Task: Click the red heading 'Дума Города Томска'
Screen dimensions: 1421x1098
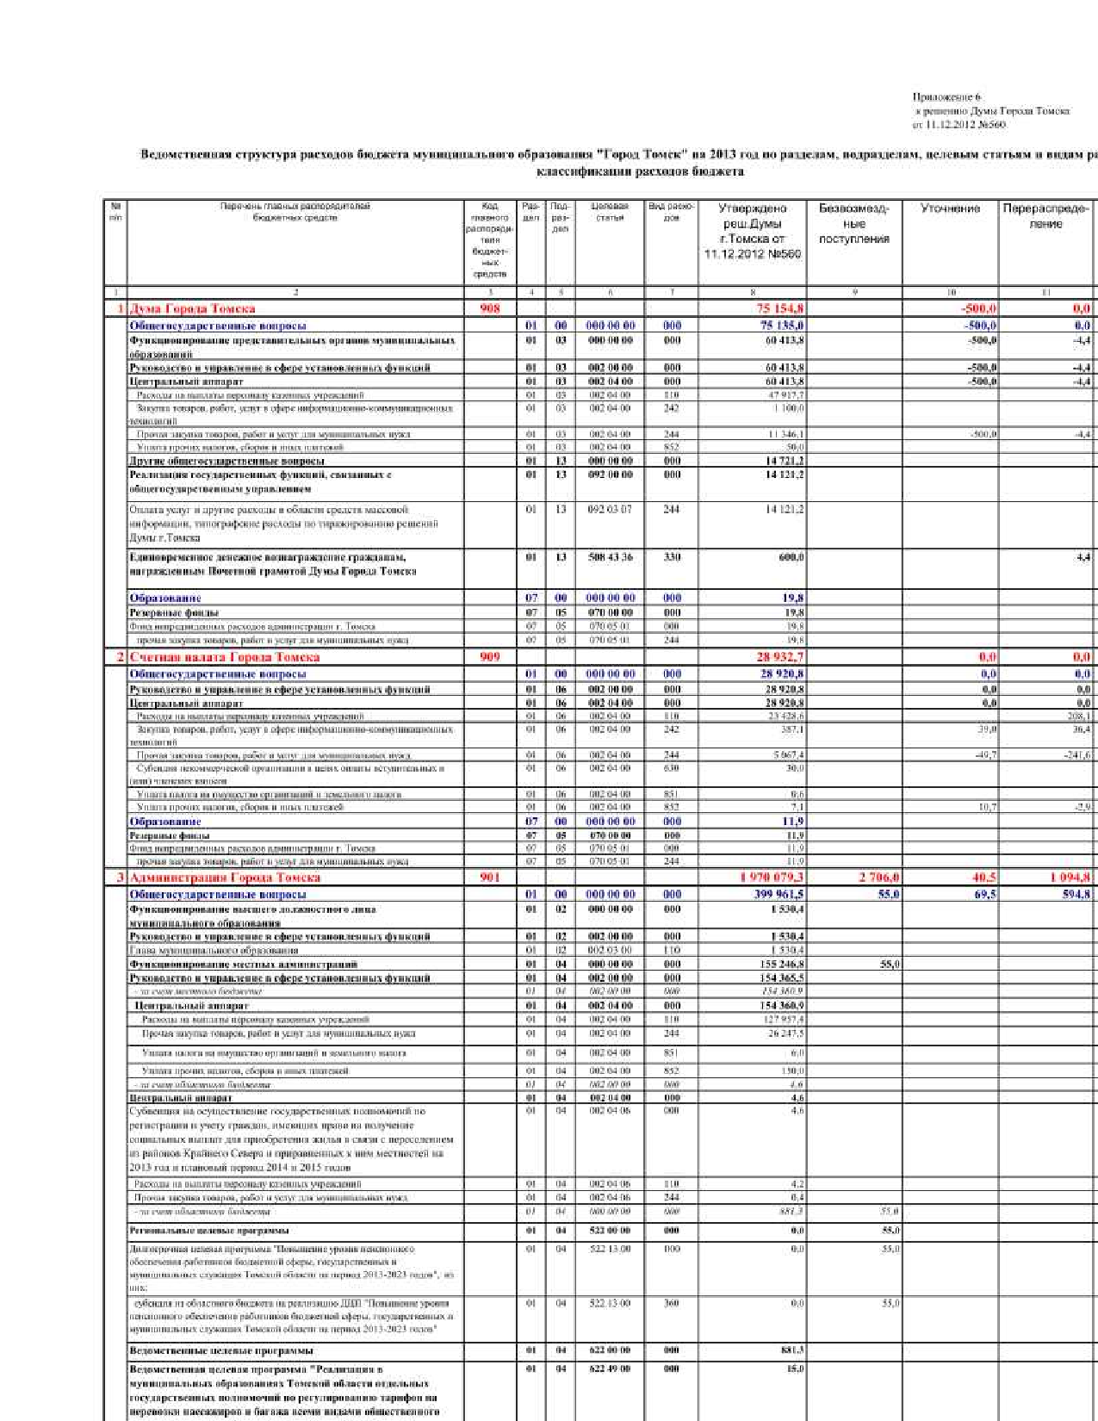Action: coord(192,308)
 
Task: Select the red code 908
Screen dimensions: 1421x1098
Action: coord(490,308)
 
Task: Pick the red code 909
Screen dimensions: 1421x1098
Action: coord(490,657)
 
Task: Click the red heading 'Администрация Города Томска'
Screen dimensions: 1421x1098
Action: coord(225,878)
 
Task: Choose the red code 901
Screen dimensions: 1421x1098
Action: coord(490,878)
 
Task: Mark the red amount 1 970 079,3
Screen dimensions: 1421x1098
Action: coord(772,878)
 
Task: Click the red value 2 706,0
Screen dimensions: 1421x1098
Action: coord(879,878)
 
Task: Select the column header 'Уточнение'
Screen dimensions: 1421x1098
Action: coord(950,208)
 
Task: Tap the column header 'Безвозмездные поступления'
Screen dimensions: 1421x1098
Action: coord(853,223)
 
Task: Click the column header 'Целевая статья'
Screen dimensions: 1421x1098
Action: coord(610,212)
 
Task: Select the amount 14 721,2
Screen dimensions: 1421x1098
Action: coord(785,461)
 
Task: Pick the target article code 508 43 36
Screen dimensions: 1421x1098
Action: coord(610,557)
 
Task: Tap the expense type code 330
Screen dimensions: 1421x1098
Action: coord(672,557)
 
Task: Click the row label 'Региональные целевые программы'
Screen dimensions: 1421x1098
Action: coord(209,1231)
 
